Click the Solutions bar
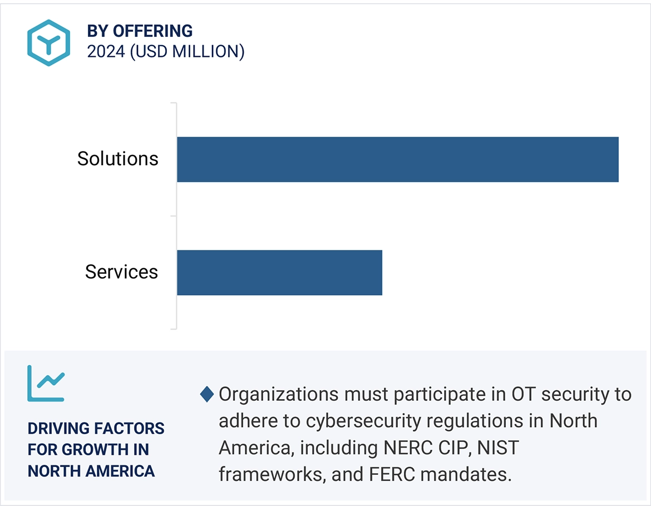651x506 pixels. coord(397,159)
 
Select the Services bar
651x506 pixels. coord(279,272)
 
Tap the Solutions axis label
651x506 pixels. coord(118,159)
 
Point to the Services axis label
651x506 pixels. coord(121,272)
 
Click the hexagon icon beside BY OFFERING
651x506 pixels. coord(48,42)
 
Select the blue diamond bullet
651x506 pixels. coord(207,395)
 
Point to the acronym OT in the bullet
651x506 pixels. coord(524,395)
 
